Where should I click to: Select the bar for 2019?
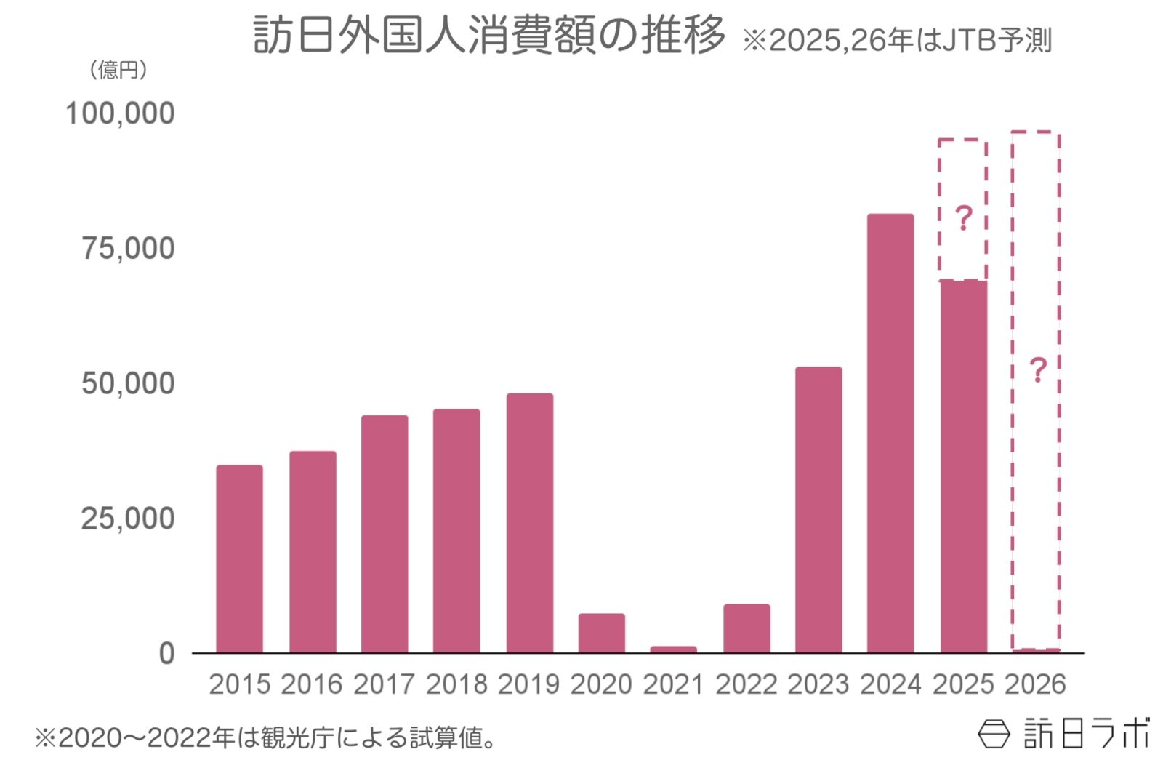coord(529,523)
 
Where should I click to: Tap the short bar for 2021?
coord(673,649)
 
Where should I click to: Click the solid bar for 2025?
coord(963,466)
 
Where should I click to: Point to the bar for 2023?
coord(818,509)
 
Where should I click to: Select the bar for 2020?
coord(601,633)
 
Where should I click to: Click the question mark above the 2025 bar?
coord(963,218)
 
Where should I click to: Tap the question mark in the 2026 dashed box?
coord(1037,370)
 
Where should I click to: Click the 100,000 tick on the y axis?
coord(120,113)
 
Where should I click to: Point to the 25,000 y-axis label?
coord(127,519)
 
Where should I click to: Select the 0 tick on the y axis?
coord(166,653)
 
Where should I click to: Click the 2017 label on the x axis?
coord(384,684)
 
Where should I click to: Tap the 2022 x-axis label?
coord(746,684)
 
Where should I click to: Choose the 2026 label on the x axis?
coord(1035,684)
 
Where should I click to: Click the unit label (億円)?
coord(118,70)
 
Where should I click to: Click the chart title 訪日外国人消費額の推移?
coord(488,35)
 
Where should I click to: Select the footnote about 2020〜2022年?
coord(266,738)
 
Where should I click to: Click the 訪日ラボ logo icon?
coord(994,734)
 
